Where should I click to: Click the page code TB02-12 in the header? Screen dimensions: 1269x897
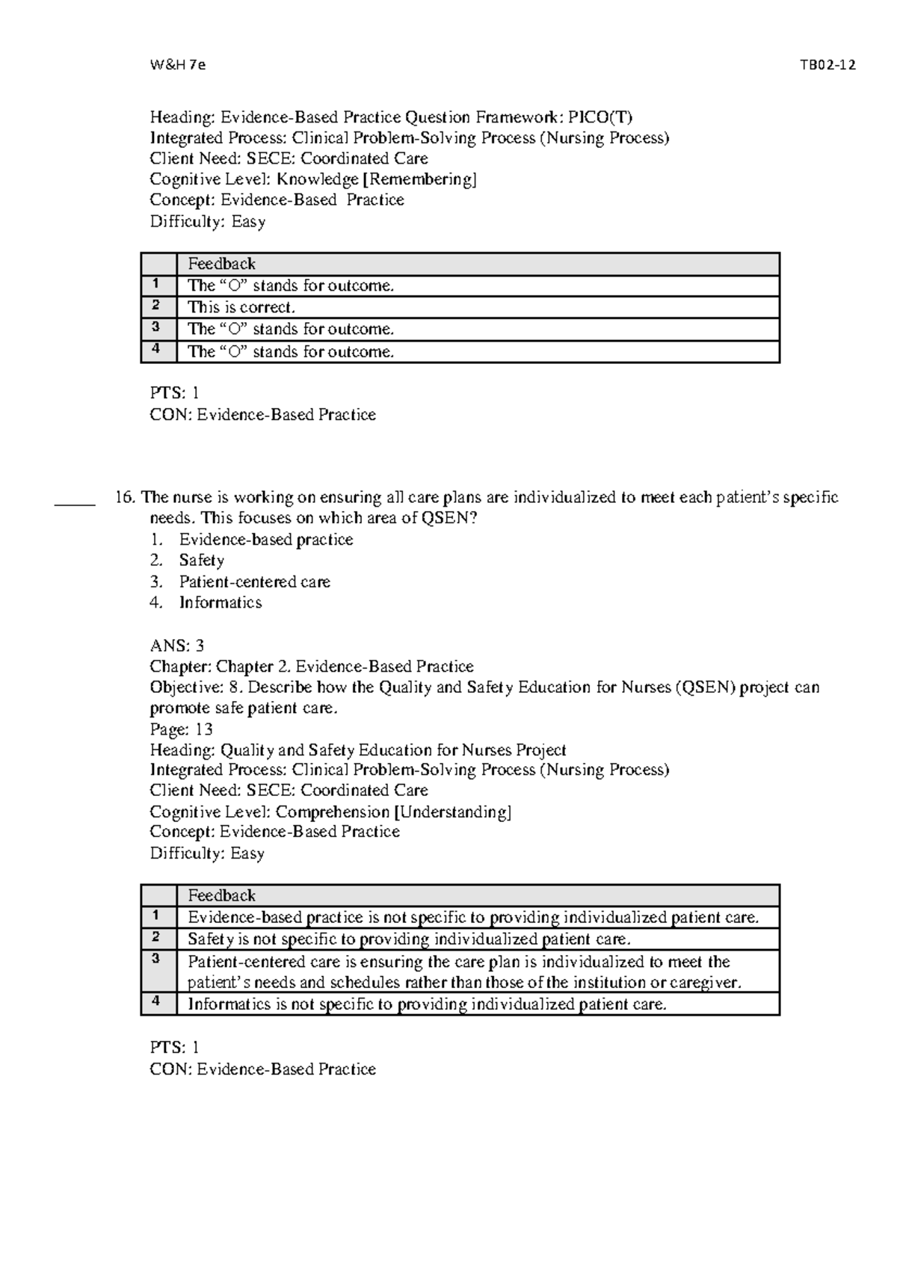coord(827,65)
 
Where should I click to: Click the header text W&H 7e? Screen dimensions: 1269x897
coord(177,65)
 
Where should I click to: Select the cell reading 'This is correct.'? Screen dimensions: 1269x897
coord(241,307)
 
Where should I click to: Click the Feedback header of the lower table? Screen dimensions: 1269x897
coord(221,895)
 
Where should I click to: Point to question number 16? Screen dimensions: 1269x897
coord(125,498)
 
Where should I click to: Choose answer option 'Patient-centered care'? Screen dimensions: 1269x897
coord(254,581)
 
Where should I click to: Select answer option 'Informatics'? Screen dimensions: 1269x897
coord(221,602)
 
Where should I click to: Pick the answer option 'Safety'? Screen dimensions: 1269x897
coord(201,561)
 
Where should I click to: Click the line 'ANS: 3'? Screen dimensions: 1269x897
coord(177,645)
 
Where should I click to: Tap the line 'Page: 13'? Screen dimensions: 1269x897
coord(181,729)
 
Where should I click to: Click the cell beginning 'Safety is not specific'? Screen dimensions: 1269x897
coord(409,939)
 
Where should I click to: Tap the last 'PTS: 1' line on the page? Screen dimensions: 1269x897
coord(174,1048)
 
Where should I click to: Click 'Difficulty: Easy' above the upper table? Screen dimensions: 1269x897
coord(207,222)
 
